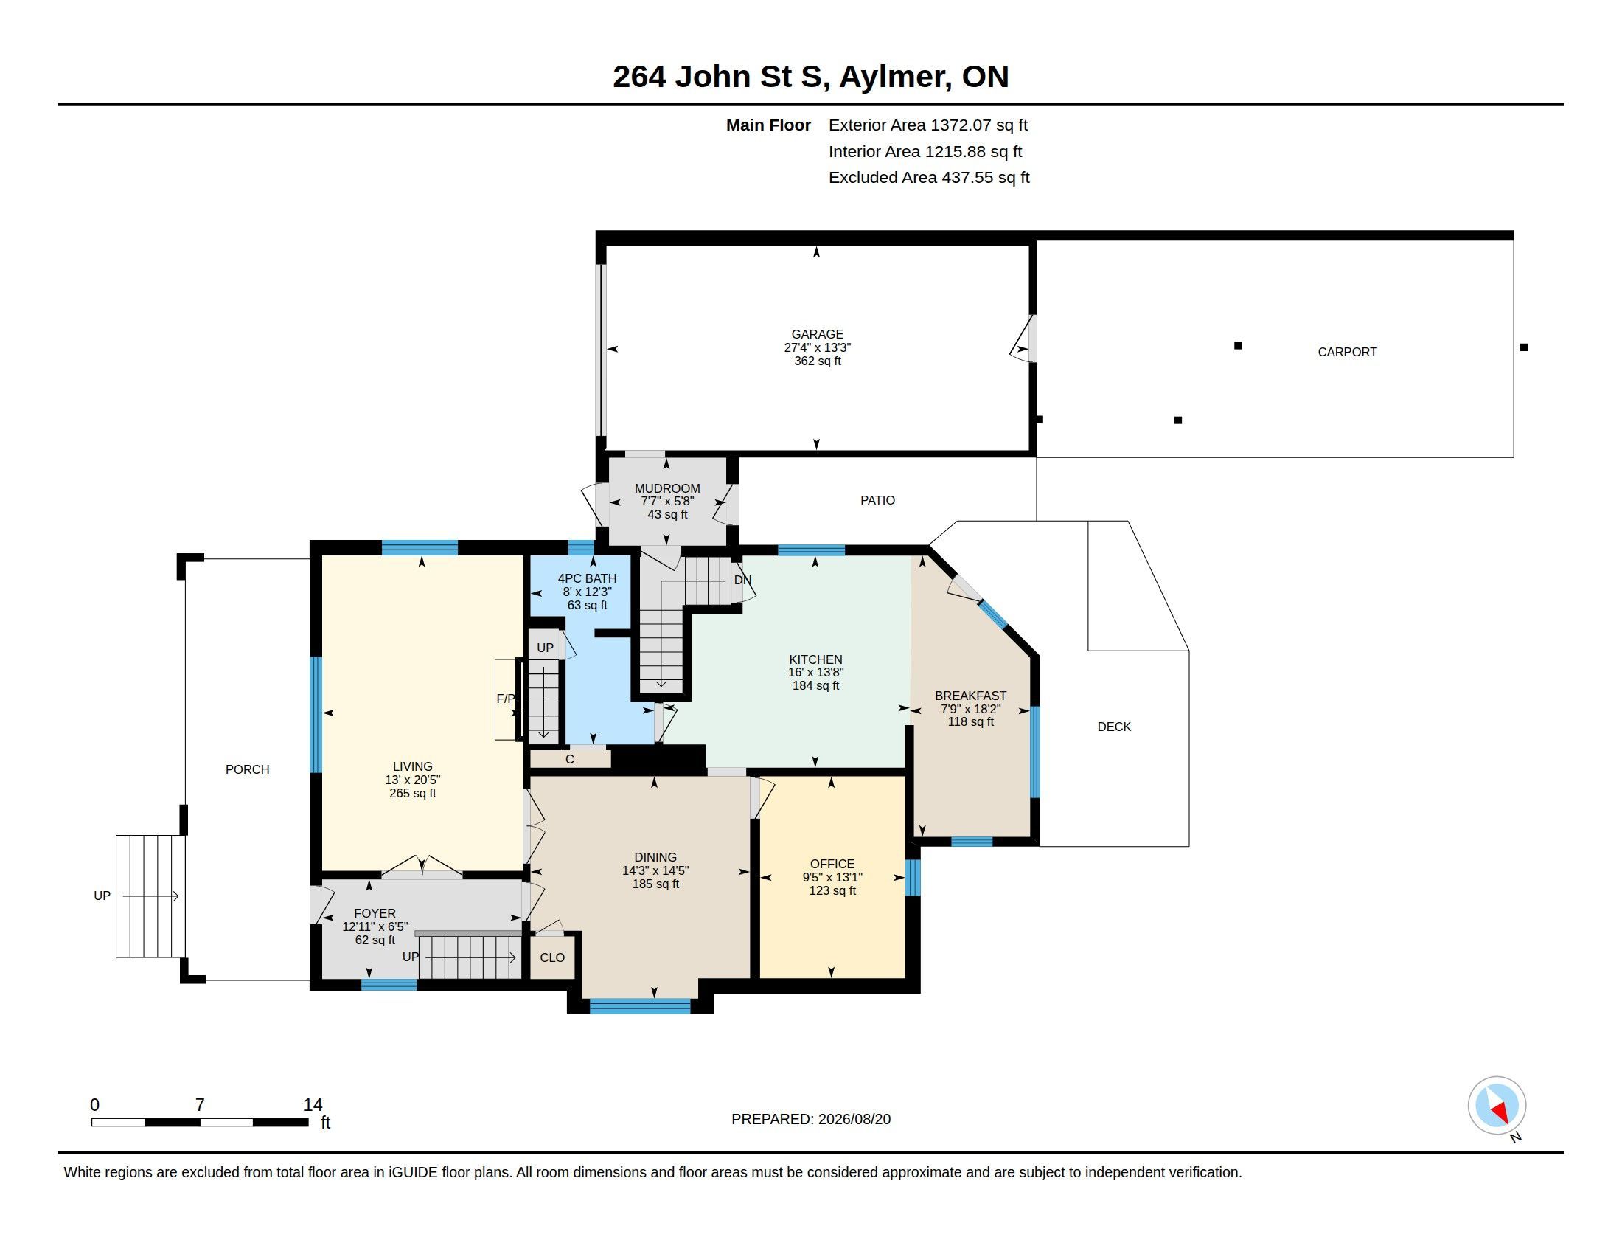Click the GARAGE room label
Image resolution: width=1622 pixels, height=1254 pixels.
817,334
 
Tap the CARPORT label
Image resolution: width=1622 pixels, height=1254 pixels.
1347,352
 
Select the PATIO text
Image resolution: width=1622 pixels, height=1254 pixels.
878,500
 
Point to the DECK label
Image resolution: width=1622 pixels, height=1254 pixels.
1114,727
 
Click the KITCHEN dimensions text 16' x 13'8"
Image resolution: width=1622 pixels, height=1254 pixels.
815,672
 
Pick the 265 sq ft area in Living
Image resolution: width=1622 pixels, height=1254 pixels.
412,794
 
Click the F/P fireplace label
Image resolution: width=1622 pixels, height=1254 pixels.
505,699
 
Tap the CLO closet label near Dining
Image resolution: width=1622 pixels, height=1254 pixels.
551,957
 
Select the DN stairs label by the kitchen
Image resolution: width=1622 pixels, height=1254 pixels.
742,580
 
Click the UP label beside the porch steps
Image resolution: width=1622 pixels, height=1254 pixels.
102,896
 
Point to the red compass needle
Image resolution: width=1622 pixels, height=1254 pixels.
1500,1112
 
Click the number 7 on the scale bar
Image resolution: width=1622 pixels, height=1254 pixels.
200,1105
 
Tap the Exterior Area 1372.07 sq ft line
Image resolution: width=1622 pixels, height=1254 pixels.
928,125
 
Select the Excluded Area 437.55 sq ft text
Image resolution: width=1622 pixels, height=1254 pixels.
929,178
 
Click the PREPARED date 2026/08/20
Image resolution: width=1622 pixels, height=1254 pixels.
854,1119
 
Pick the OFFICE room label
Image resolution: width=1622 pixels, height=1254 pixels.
832,864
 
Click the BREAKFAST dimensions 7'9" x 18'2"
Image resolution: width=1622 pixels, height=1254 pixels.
971,709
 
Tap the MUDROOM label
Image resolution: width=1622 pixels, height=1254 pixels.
667,488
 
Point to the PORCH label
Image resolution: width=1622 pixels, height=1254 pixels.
247,769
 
